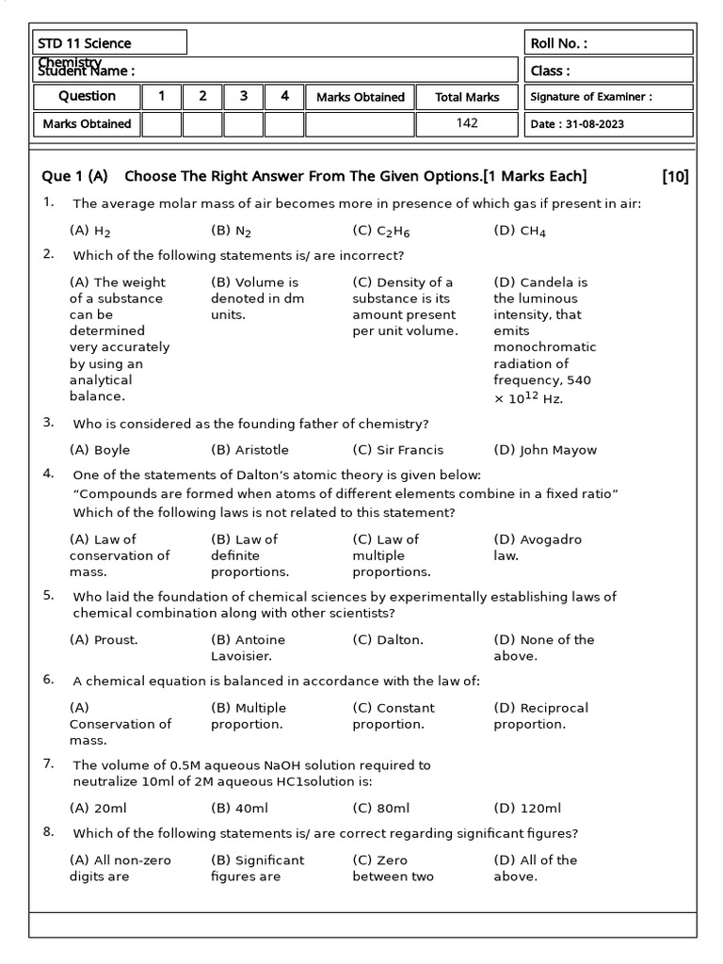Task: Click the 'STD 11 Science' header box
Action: (109, 43)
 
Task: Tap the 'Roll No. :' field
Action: (609, 43)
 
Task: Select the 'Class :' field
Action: (609, 71)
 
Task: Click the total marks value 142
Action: (467, 123)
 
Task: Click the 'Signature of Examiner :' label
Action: (591, 96)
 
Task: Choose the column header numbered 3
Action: (244, 96)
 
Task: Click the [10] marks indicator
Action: (675, 176)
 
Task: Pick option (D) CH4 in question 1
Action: (520, 231)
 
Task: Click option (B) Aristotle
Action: (249, 450)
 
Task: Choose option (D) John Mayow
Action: (544, 450)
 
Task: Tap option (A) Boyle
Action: (100, 450)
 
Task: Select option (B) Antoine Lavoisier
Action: (249, 648)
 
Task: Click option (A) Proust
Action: (104, 640)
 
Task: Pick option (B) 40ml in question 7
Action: (239, 809)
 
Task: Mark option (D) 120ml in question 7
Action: (527, 809)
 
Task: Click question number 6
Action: (48, 680)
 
